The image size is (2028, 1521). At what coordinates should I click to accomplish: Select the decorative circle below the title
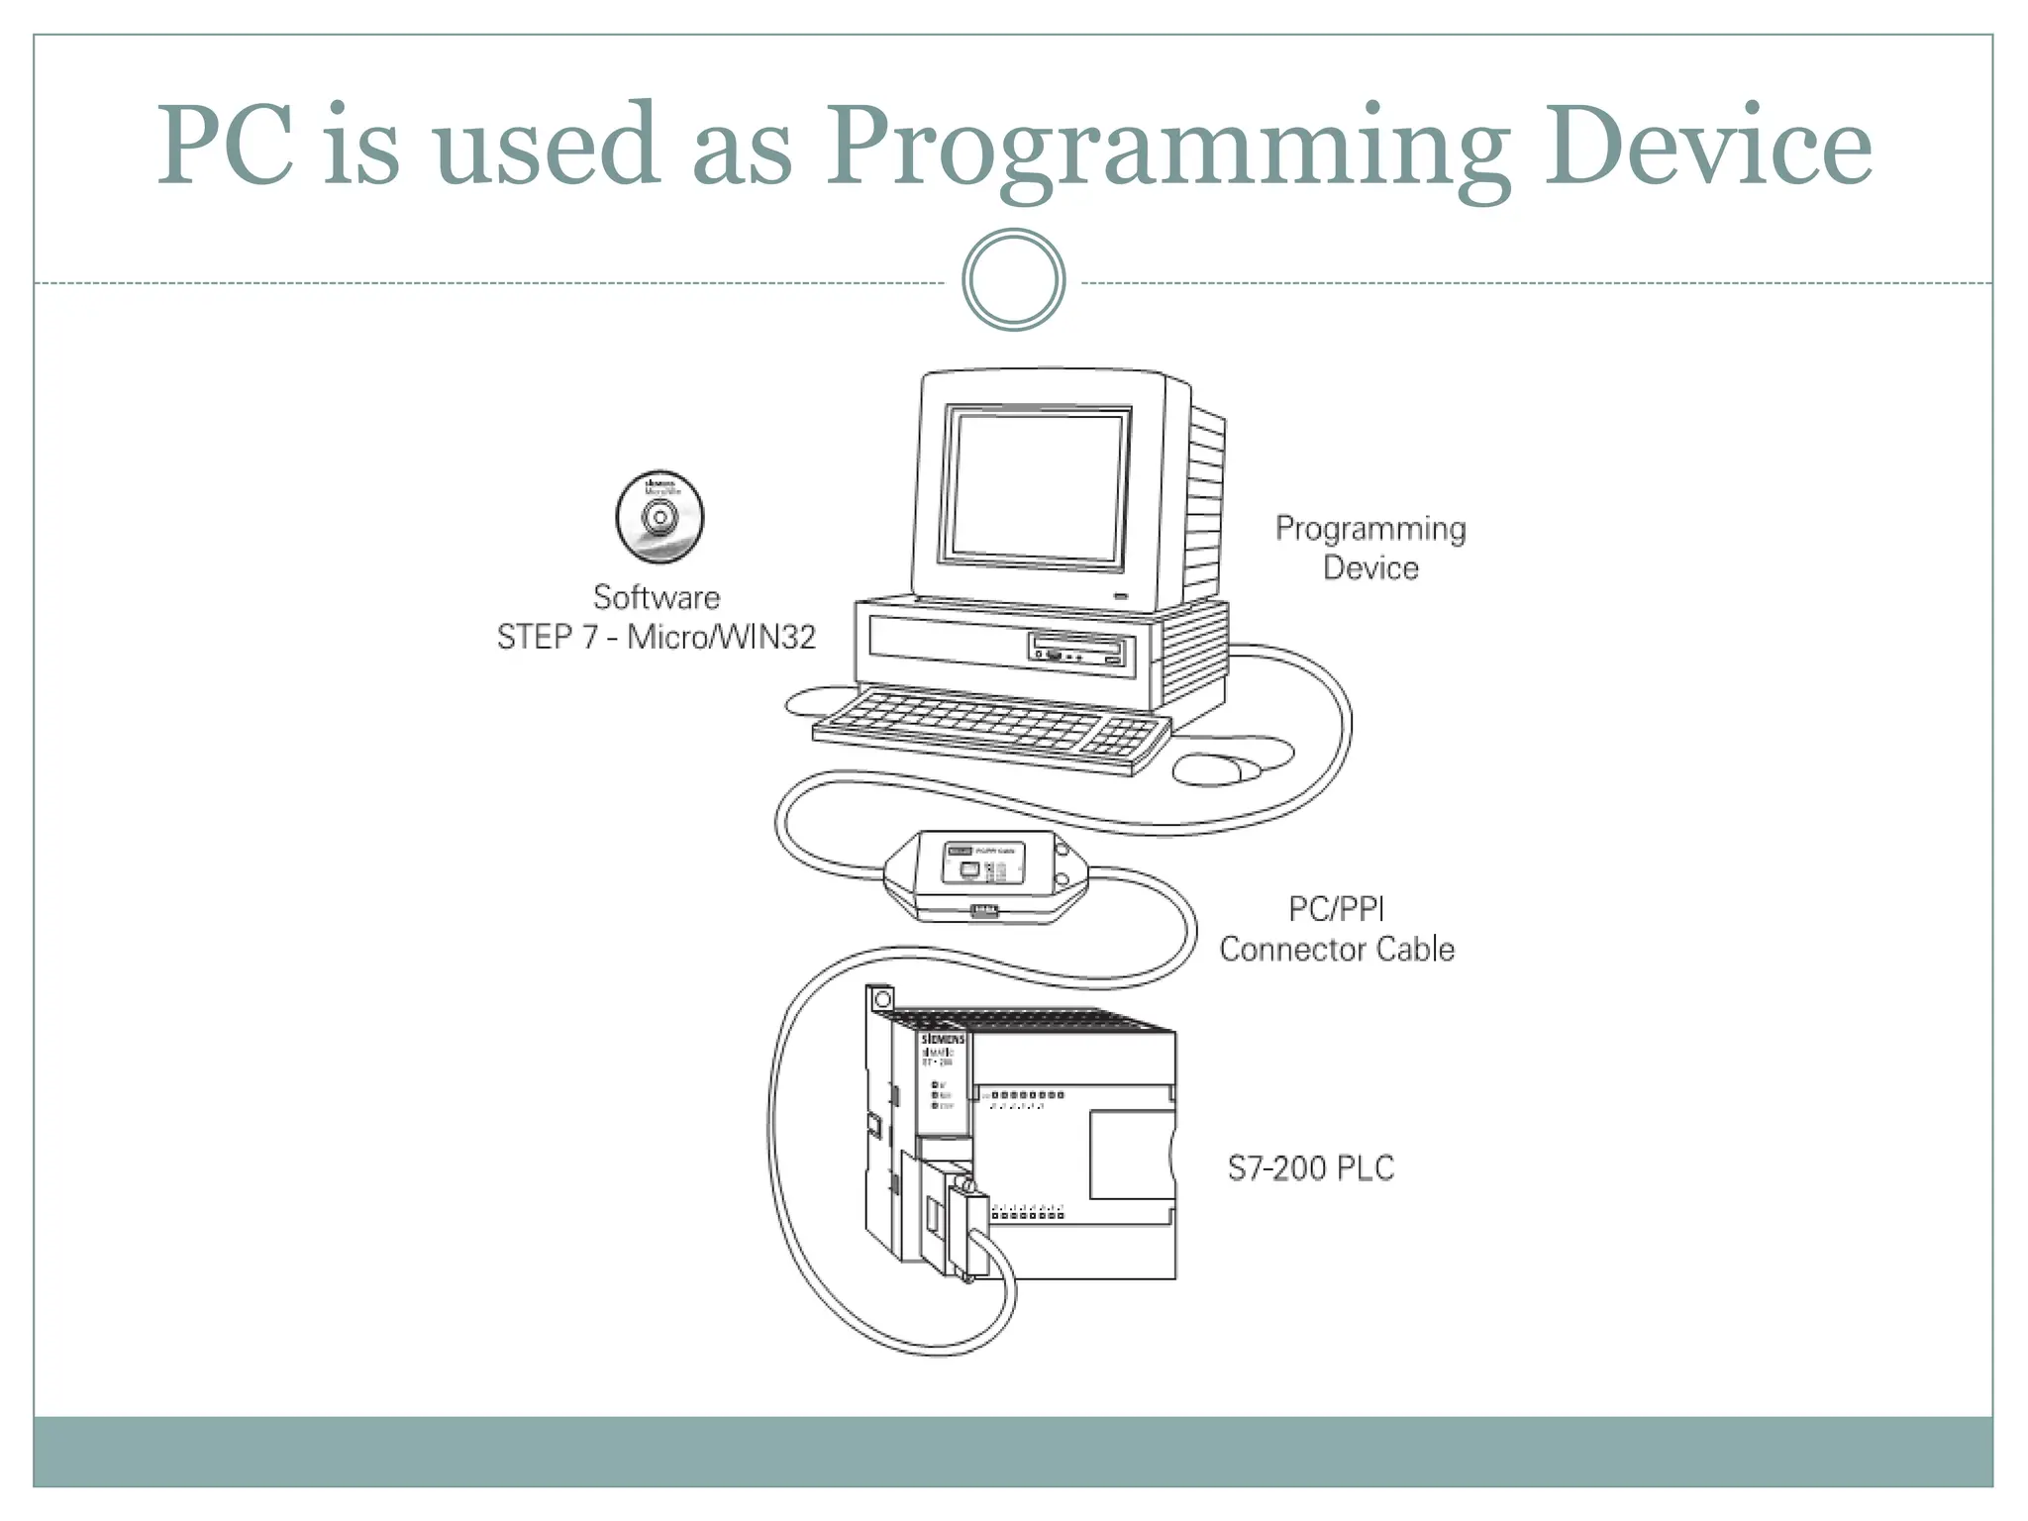(1013, 280)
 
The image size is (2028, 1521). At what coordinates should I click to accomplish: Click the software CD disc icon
(659, 517)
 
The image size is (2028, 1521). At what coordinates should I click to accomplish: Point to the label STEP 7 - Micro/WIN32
(656, 637)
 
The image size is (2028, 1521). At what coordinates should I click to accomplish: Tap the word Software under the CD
(656, 597)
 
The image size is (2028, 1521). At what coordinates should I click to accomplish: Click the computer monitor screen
(1036, 486)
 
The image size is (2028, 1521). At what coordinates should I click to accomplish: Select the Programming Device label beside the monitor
(1370, 548)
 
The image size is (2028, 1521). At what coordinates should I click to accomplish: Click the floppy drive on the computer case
(1079, 651)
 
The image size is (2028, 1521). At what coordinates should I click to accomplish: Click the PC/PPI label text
(1336, 908)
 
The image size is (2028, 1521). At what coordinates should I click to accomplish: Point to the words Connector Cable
(1336, 949)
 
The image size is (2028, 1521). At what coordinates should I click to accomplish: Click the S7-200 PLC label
(1310, 1168)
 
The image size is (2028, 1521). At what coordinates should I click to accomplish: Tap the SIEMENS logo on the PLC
(943, 1039)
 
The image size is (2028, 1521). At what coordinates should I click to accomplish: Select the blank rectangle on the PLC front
(1131, 1155)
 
